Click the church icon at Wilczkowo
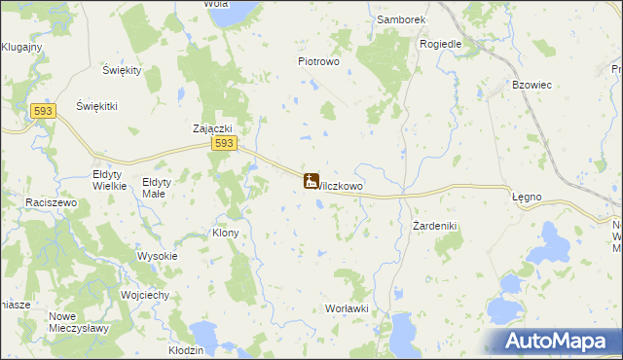pyautogui.click(x=311, y=181)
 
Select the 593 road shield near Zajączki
pyautogui.click(x=224, y=143)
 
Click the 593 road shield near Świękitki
pyautogui.click(x=42, y=112)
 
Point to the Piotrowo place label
pyautogui.click(x=317, y=60)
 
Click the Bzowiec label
pyautogui.click(x=532, y=85)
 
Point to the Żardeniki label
pyautogui.click(x=434, y=226)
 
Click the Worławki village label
pyautogui.click(x=346, y=308)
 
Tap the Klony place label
pyautogui.click(x=225, y=234)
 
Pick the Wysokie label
pyautogui.click(x=157, y=257)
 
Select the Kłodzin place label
pyautogui.click(x=185, y=349)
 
